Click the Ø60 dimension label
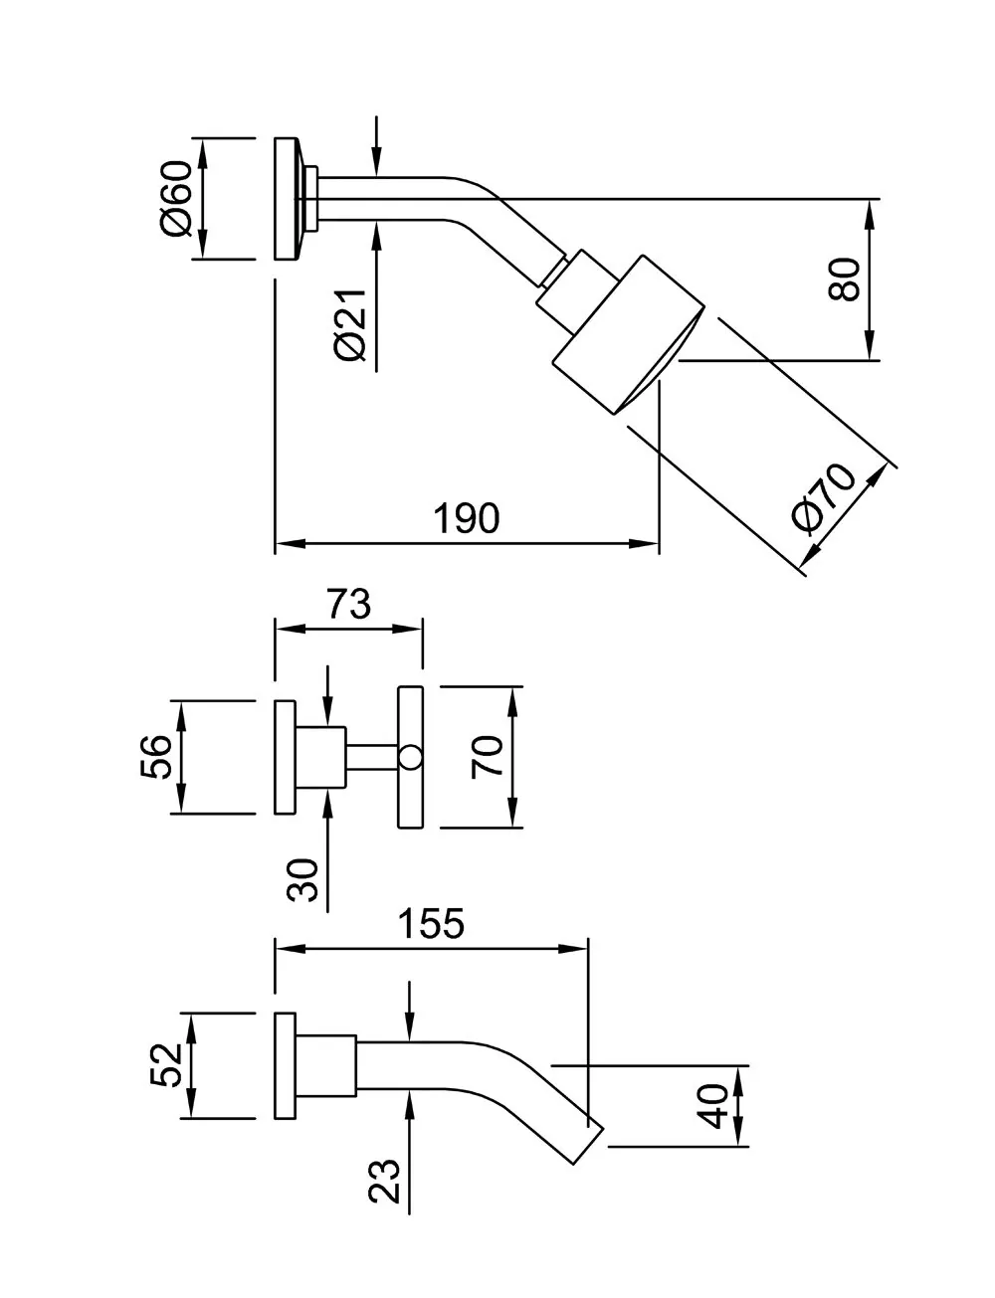pyautogui.click(x=175, y=198)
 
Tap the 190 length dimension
pyautogui.click(x=466, y=518)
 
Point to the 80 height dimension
pyautogui.click(x=844, y=279)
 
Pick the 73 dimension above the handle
pyautogui.click(x=349, y=605)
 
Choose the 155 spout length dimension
pyautogui.click(x=431, y=924)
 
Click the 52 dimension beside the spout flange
pyautogui.click(x=165, y=1065)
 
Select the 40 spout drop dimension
pyautogui.click(x=713, y=1106)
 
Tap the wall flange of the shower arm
pyautogui.click(x=286, y=198)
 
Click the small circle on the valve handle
pyautogui.click(x=410, y=759)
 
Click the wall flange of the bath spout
pyautogui.click(x=286, y=1066)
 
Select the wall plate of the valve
pyautogui.click(x=286, y=757)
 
